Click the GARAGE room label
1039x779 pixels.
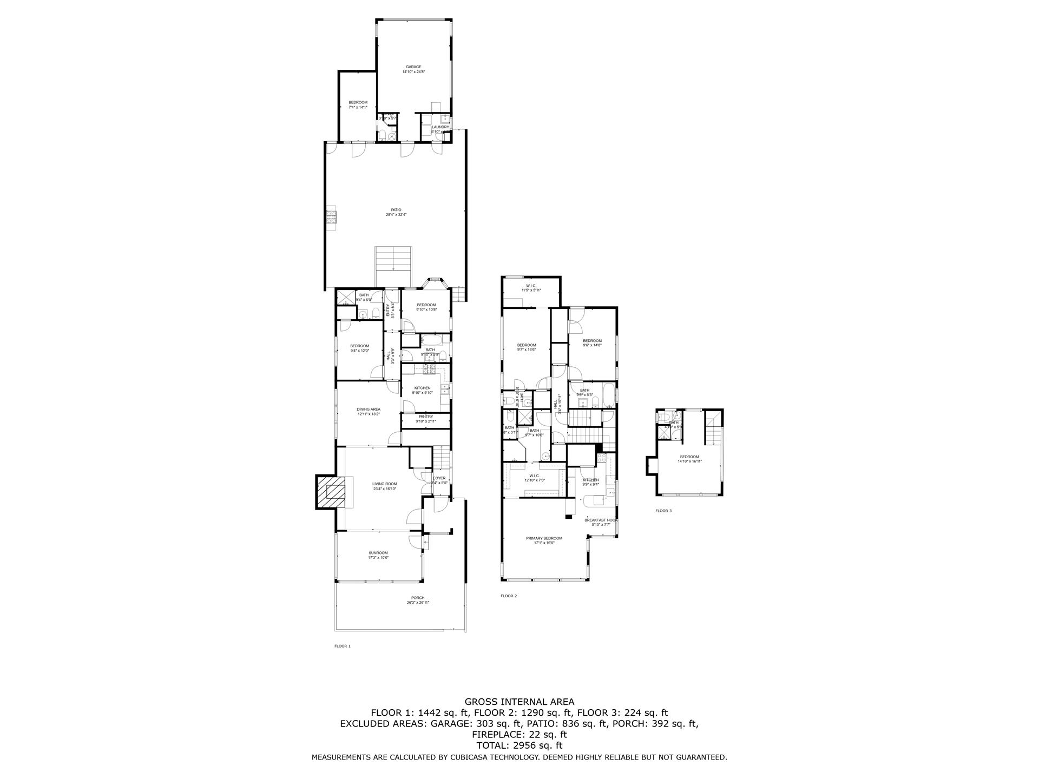coord(413,67)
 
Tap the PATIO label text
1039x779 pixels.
coord(396,210)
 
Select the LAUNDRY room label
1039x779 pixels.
coord(440,127)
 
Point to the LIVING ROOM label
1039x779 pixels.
coord(384,484)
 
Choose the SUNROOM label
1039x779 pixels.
coord(378,553)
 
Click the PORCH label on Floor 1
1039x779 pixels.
coord(418,598)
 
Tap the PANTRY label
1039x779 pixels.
coord(425,417)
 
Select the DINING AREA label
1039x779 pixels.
coord(368,410)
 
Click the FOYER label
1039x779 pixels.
coord(439,478)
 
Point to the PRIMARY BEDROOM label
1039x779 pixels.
coord(544,538)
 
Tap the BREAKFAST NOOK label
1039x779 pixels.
coord(601,520)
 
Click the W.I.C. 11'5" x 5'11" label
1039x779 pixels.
coord(530,286)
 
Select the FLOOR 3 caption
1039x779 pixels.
coord(663,511)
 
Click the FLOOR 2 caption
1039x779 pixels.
coord(509,596)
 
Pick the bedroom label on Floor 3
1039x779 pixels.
coord(689,457)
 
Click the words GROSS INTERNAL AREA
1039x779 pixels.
coord(519,702)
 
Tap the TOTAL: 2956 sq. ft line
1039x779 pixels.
coord(519,745)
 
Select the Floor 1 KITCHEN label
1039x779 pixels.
coord(422,388)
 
